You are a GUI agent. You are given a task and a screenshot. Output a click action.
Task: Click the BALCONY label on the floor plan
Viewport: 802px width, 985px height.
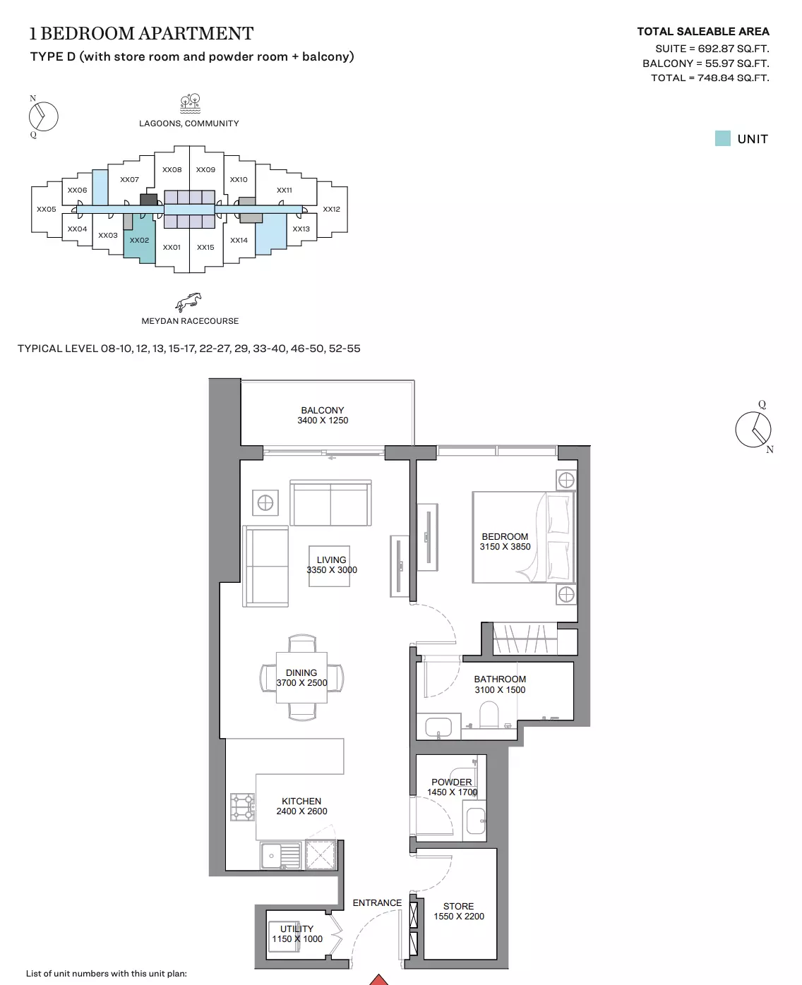click(x=322, y=410)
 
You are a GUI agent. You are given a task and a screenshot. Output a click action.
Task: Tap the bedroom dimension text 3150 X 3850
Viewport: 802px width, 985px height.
click(x=505, y=547)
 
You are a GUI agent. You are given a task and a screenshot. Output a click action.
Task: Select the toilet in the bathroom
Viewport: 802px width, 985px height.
click(x=489, y=715)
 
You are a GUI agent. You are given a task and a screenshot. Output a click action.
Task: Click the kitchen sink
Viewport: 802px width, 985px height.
click(x=280, y=855)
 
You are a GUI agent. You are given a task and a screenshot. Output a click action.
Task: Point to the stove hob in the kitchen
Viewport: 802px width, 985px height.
click(x=242, y=807)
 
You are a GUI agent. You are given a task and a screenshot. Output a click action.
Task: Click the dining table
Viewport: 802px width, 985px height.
click(x=301, y=677)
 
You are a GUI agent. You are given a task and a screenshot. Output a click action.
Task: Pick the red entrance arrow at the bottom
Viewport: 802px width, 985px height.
click(x=378, y=979)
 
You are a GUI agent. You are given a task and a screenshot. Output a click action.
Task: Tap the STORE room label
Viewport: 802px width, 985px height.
click(x=458, y=906)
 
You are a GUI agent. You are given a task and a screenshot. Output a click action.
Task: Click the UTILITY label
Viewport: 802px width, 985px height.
click(x=297, y=929)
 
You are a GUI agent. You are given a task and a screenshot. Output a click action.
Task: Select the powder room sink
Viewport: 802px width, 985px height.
click(x=475, y=821)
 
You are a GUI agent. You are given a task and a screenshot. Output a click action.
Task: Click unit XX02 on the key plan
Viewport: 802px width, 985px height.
click(x=139, y=240)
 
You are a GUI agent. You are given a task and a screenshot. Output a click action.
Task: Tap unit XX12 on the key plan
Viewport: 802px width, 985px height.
click(x=331, y=209)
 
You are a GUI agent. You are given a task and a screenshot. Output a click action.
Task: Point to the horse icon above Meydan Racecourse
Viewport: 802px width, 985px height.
click(x=188, y=302)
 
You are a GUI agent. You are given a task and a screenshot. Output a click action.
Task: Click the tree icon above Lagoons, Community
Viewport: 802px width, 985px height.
click(x=190, y=104)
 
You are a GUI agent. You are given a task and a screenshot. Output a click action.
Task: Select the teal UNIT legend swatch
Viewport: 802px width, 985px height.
click(x=722, y=138)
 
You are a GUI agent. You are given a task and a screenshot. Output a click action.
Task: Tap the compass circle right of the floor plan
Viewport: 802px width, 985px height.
click(x=753, y=429)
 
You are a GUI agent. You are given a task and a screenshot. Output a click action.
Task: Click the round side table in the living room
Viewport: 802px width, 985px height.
click(x=265, y=502)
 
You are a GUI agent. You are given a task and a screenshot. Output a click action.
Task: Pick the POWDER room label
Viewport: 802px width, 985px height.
click(x=451, y=782)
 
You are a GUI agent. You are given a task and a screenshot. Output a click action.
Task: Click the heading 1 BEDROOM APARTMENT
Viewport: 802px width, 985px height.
click(x=142, y=33)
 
